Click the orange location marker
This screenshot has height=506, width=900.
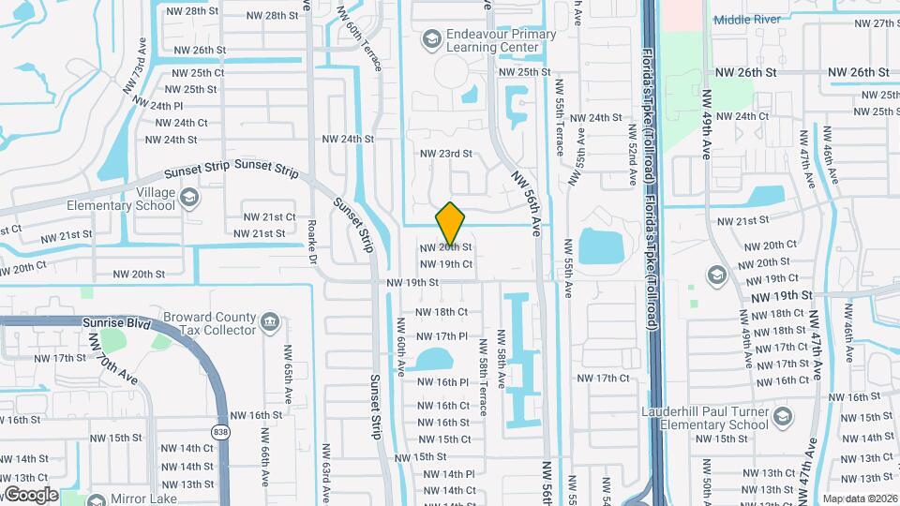coord(450,224)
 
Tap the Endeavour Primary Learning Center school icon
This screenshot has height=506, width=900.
coord(431,38)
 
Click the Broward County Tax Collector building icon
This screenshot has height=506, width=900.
coord(270,322)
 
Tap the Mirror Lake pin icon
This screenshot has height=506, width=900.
coord(96,499)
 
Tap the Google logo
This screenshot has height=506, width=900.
coord(30,494)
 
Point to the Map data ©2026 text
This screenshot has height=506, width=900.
coord(859,499)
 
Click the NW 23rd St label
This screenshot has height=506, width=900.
coord(445,154)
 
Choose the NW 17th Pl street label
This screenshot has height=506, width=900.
coord(442,335)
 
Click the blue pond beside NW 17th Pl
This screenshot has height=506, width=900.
coord(432,360)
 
